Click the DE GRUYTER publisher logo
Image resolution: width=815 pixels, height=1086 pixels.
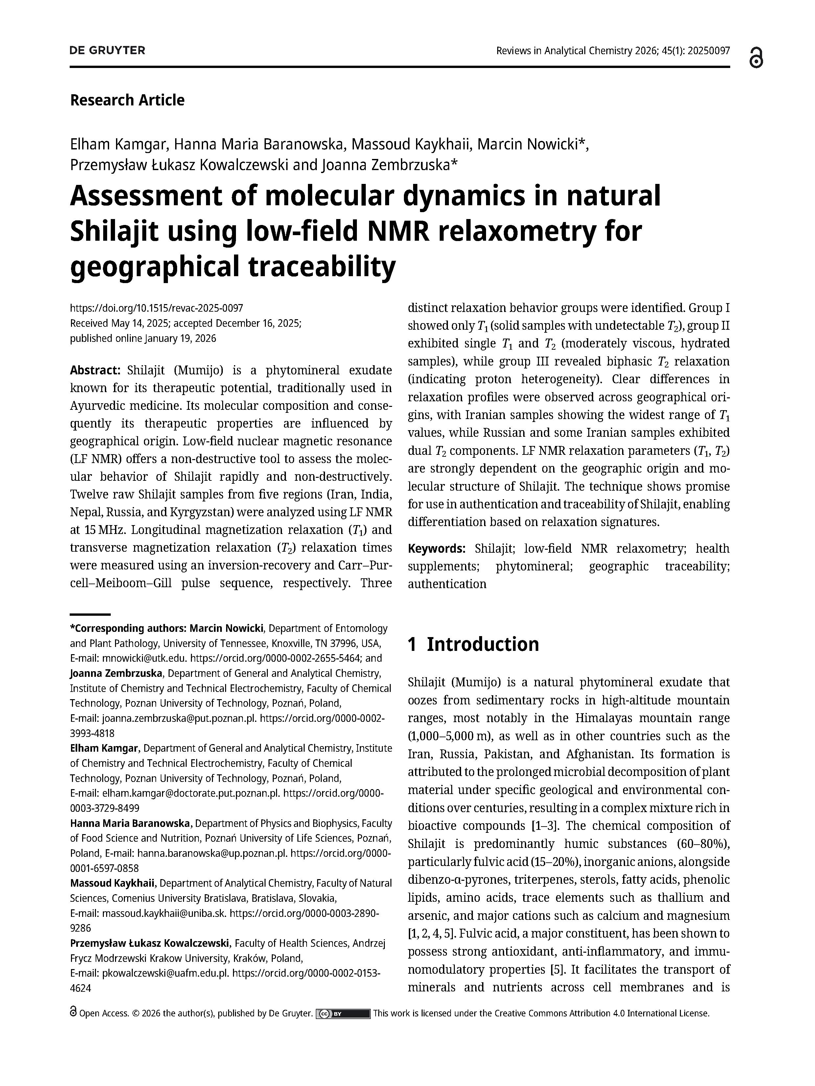(107, 51)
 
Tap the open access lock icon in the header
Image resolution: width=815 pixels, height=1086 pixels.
(757, 58)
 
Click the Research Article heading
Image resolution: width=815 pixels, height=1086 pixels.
(127, 100)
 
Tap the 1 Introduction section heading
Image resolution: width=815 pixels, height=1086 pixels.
(473, 644)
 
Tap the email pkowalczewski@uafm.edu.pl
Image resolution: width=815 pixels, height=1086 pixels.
(166, 973)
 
